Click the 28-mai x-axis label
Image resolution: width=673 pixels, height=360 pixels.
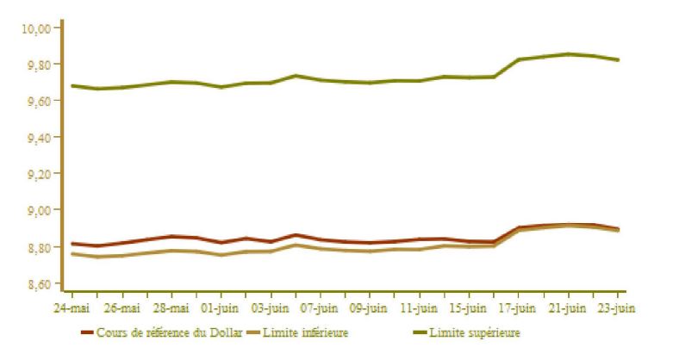pyautogui.click(x=171, y=307)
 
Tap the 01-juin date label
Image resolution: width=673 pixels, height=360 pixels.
pyautogui.click(x=220, y=307)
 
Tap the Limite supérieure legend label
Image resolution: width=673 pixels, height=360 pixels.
pyautogui.click(x=475, y=332)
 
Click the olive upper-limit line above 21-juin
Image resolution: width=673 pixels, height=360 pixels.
pyautogui.click(x=568, y=54)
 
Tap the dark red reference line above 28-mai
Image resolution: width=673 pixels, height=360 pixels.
pyautogui.click(x=171, y=236)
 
